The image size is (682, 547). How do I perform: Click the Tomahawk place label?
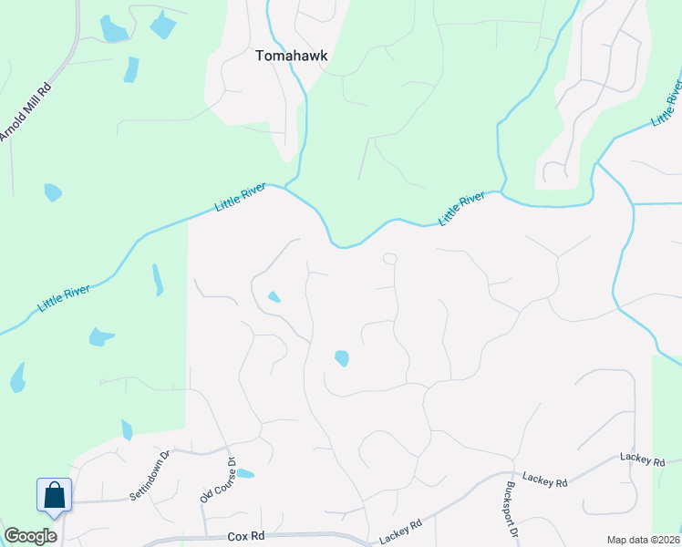coord(291,56)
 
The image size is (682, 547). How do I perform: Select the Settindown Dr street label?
coord(150,475)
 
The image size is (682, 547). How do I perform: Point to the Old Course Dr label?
coord(218,481)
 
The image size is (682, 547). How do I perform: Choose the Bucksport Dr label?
coord(507,518)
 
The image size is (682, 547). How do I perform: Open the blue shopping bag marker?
coord(55,495)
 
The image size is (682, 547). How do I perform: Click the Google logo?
coord(30,536)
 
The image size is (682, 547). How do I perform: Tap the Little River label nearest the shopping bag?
coord(64,298)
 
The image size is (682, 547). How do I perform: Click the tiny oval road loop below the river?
coord(390,259)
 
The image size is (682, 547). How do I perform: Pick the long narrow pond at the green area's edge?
coord(157,280)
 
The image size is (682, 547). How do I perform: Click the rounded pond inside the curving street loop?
coord(342,358)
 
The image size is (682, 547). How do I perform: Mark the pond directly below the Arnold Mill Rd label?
coord(53,192)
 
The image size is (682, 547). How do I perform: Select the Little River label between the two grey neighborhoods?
coord(460,209)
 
